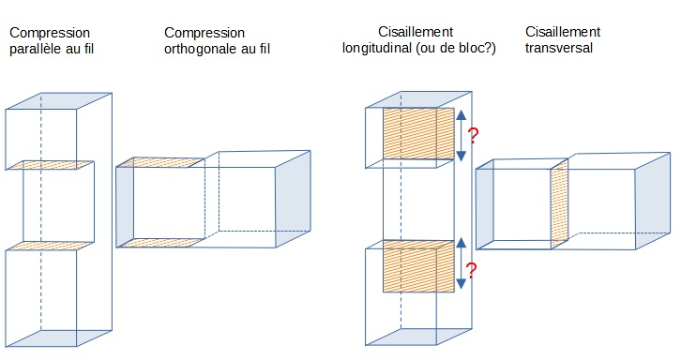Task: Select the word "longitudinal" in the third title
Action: coord(377,48)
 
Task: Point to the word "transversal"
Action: coord(559,47)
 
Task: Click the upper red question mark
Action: coord(473,136)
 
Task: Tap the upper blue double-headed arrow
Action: coord(462,135)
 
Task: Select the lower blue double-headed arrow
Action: coord(462,263)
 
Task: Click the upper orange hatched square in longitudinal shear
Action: coord(418,133)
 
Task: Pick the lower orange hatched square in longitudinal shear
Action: coord(418,265)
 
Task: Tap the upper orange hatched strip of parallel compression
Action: coord(50,165)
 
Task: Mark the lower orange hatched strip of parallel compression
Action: coord(50,246)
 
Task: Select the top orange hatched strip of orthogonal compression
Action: coord(160,162)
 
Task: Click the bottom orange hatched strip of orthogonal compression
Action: coord(161,242)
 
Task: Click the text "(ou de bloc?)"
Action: coord(456,48)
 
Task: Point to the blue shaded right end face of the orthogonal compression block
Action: coord(294,199)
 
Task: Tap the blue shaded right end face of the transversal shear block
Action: coord(653,201)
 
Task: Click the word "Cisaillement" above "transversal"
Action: coord(563,32)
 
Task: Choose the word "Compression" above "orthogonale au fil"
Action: coord(204,33)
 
